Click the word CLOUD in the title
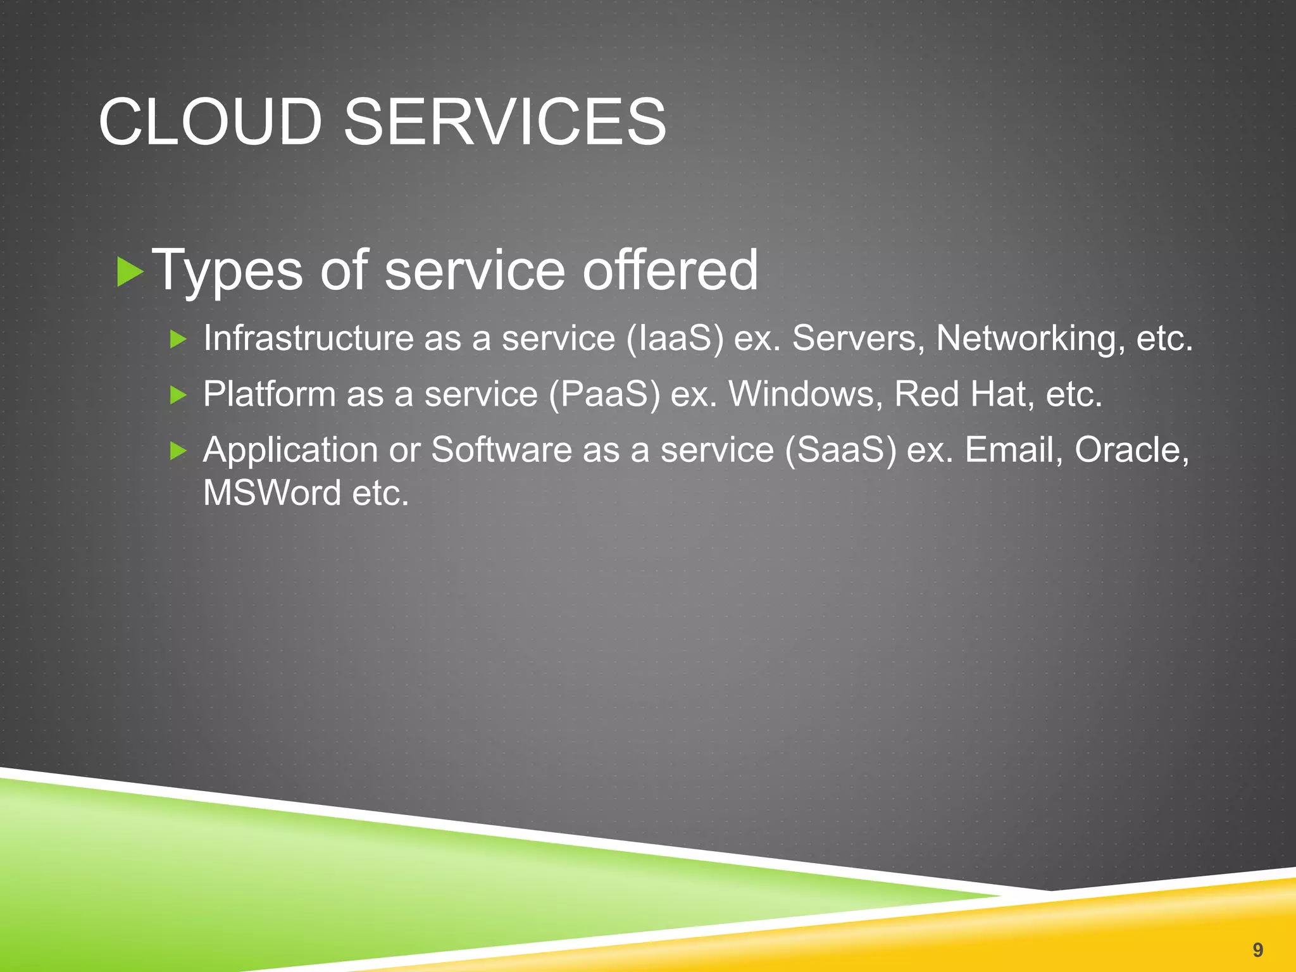pyautogui.click(x=211, y=121)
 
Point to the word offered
pyautogui.click(x=670, y=270)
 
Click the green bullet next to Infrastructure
pyautogui.click(x=178, y=340)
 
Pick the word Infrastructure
pyautogui.click(x=308, y=338)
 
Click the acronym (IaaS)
pyautogui.click(x=675, y=338)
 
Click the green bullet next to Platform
pyautogui.click(x=178, y=396)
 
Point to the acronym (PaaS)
pyautogui.click(x=604, y=394)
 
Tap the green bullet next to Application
pyautogui.click(x=178, y=451)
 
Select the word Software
pyautogui.click(x=501, y=450)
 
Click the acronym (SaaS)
pyautogui.click(x=840, y=450)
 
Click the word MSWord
pyautogui.click(x=272, y=493)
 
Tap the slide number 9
pyautogui.click(x=1257, y=949)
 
